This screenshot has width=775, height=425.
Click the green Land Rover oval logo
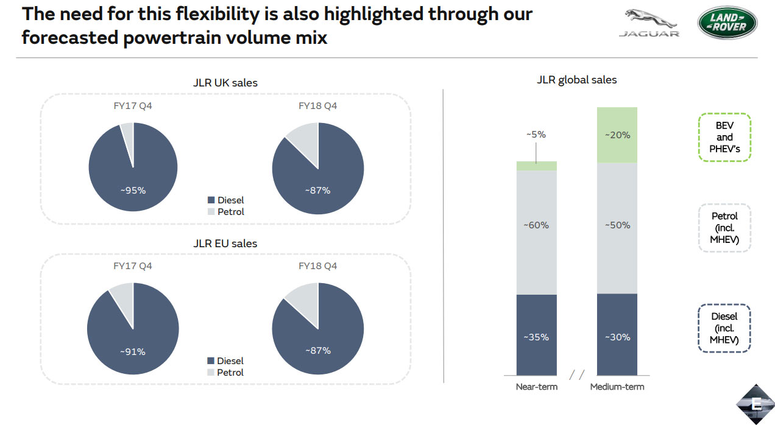coord(727,23)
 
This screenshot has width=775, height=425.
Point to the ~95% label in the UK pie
coord(133,190)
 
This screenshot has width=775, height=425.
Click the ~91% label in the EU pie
coord(133,351)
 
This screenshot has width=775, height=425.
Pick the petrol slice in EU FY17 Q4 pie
coord(122,295)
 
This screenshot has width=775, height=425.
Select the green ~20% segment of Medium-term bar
coord(617,135)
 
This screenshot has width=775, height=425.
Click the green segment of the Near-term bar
coord(537,166)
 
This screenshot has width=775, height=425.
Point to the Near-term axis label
coord(537,387)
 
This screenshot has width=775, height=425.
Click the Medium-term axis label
coord(617,387)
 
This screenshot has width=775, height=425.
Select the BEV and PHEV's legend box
coord(724,137)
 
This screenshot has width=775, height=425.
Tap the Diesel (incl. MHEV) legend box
coord(724,328)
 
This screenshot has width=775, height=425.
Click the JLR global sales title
coord(577,80)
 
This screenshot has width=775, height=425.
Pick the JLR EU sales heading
coord(225,244)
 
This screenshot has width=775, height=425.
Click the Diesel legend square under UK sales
coord(211,200)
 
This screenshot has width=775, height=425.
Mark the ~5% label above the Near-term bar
coord(537,135)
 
